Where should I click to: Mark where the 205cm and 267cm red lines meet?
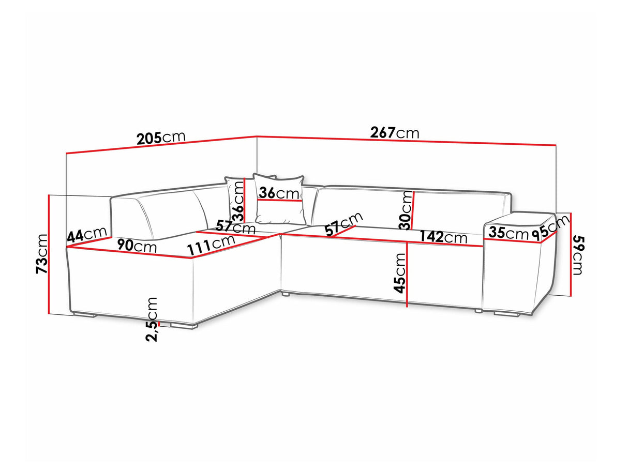pos(257,136)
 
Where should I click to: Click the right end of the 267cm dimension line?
pos(556,145)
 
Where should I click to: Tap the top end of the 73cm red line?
pos(49,195)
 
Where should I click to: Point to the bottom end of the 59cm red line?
pos(571,296)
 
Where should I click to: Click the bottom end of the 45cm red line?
pos(407,307)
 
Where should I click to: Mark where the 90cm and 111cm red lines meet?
pos(192,258)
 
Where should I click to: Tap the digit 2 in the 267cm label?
pos(375,132)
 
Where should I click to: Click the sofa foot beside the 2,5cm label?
pos(184,326)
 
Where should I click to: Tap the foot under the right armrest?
pos(506,314)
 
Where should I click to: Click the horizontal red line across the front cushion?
pos(279,201)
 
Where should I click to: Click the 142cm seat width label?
pos(443,237)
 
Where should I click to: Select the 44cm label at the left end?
pos(87,235)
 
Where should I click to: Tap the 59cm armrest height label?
pos(577,255)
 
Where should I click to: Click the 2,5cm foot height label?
pos(152,320)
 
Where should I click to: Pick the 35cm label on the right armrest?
pos(509,233)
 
